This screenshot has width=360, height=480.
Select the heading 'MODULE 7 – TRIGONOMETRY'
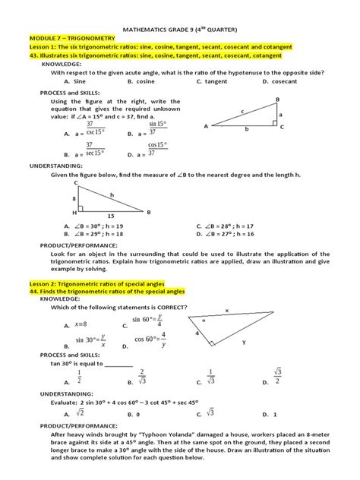coord(66,36)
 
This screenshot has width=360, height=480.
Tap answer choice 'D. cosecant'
coord(280,80)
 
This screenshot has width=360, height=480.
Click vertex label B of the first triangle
coord(277,99)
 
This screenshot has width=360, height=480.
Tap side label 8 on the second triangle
coord(74,197)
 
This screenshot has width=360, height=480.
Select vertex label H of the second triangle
coord(74,213)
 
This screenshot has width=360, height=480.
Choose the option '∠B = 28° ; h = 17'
coord(229,226)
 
